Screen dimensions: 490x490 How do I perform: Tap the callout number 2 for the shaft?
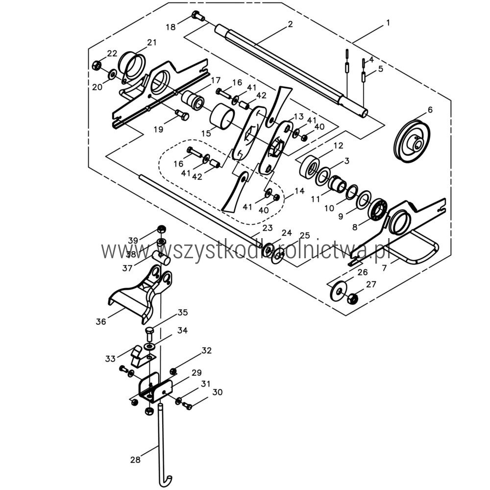(290, 24)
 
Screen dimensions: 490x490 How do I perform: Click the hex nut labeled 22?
(97, 65)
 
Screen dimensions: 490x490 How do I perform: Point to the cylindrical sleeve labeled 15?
(222, 116)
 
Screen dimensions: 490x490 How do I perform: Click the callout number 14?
(299, 191)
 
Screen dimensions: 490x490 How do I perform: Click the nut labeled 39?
(161, 229)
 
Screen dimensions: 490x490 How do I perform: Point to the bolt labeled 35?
(149, 334)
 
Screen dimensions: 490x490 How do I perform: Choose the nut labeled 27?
(352, 298)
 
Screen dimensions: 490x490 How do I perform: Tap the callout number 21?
(152, 42)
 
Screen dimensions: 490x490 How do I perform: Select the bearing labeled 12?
(309, 167)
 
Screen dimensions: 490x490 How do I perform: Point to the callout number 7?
(384, 268)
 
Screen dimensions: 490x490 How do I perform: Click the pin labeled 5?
(364, 77)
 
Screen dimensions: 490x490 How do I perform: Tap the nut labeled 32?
(173, 371)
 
